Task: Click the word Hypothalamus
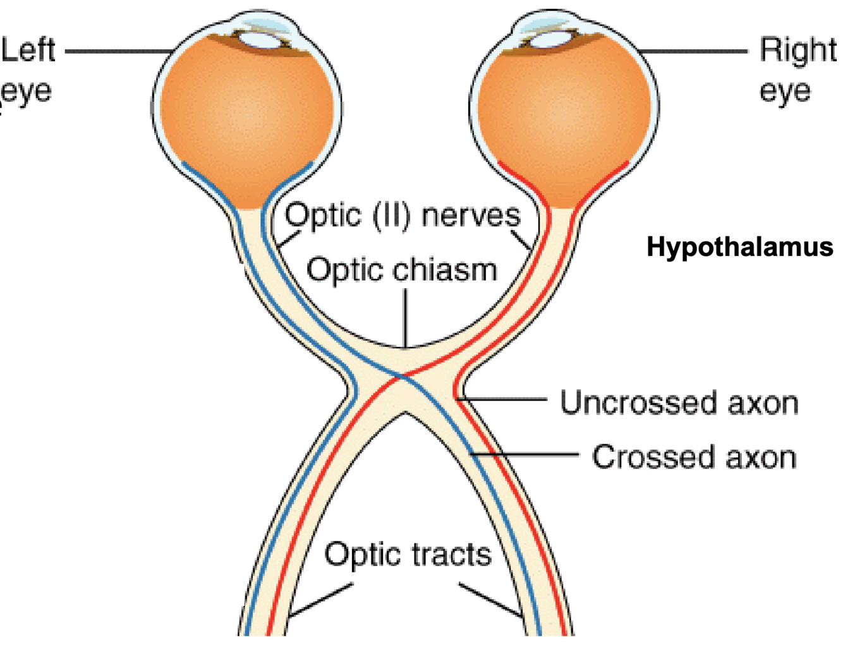point(739,247)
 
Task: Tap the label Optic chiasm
point(402,270)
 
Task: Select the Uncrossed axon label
point(679,403)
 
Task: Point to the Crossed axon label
point(694,457)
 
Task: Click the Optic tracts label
point(408,555)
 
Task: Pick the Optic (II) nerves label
point(403,216)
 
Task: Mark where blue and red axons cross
point(402,377)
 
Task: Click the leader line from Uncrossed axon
point(506,399)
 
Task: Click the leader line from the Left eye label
point(117,51)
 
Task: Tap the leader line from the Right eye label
point(695,51)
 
